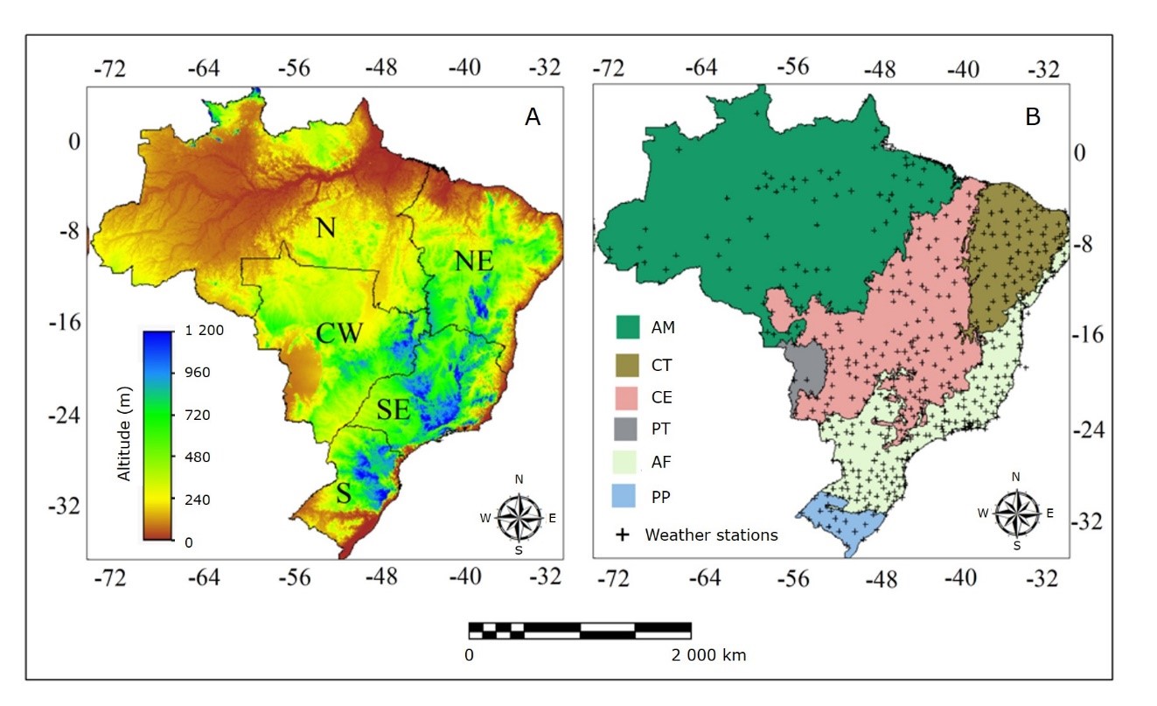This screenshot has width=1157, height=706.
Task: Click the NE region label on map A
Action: pyautogui.click(x=473, y=262)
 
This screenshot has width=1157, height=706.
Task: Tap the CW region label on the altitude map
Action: pyautogui.click(x=340, y=334)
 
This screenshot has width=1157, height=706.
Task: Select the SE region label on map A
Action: pyautogui.click(x=394, y=409)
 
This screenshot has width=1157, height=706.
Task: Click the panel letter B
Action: pyautogui.click(x=1033, y=117)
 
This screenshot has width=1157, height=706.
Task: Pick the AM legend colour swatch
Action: pyautogui.click(x=629, y=328)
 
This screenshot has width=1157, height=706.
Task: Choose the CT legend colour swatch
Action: pyautogui.click(x=629, y=363)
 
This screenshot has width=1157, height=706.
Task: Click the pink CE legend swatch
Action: pyautogui.click(x=629, y=396)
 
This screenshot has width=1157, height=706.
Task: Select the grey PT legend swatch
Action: pyautogui.click(x=629, y=430)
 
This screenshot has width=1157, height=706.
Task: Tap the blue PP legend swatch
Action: pyautogui.click(x=629, y=496)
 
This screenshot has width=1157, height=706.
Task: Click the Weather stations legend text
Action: pyautogui.click(x=711, y=535)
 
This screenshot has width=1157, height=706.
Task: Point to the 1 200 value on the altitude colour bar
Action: pyautogui.click(x=206, y=331)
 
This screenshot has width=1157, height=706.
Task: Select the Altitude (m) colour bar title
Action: pyautogui.click(x=124, y=433)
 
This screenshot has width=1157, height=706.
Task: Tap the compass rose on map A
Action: pyautogui.click(x=519, y=517)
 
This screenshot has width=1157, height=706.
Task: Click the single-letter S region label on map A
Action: pyautogui.click(x=344, y=493)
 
